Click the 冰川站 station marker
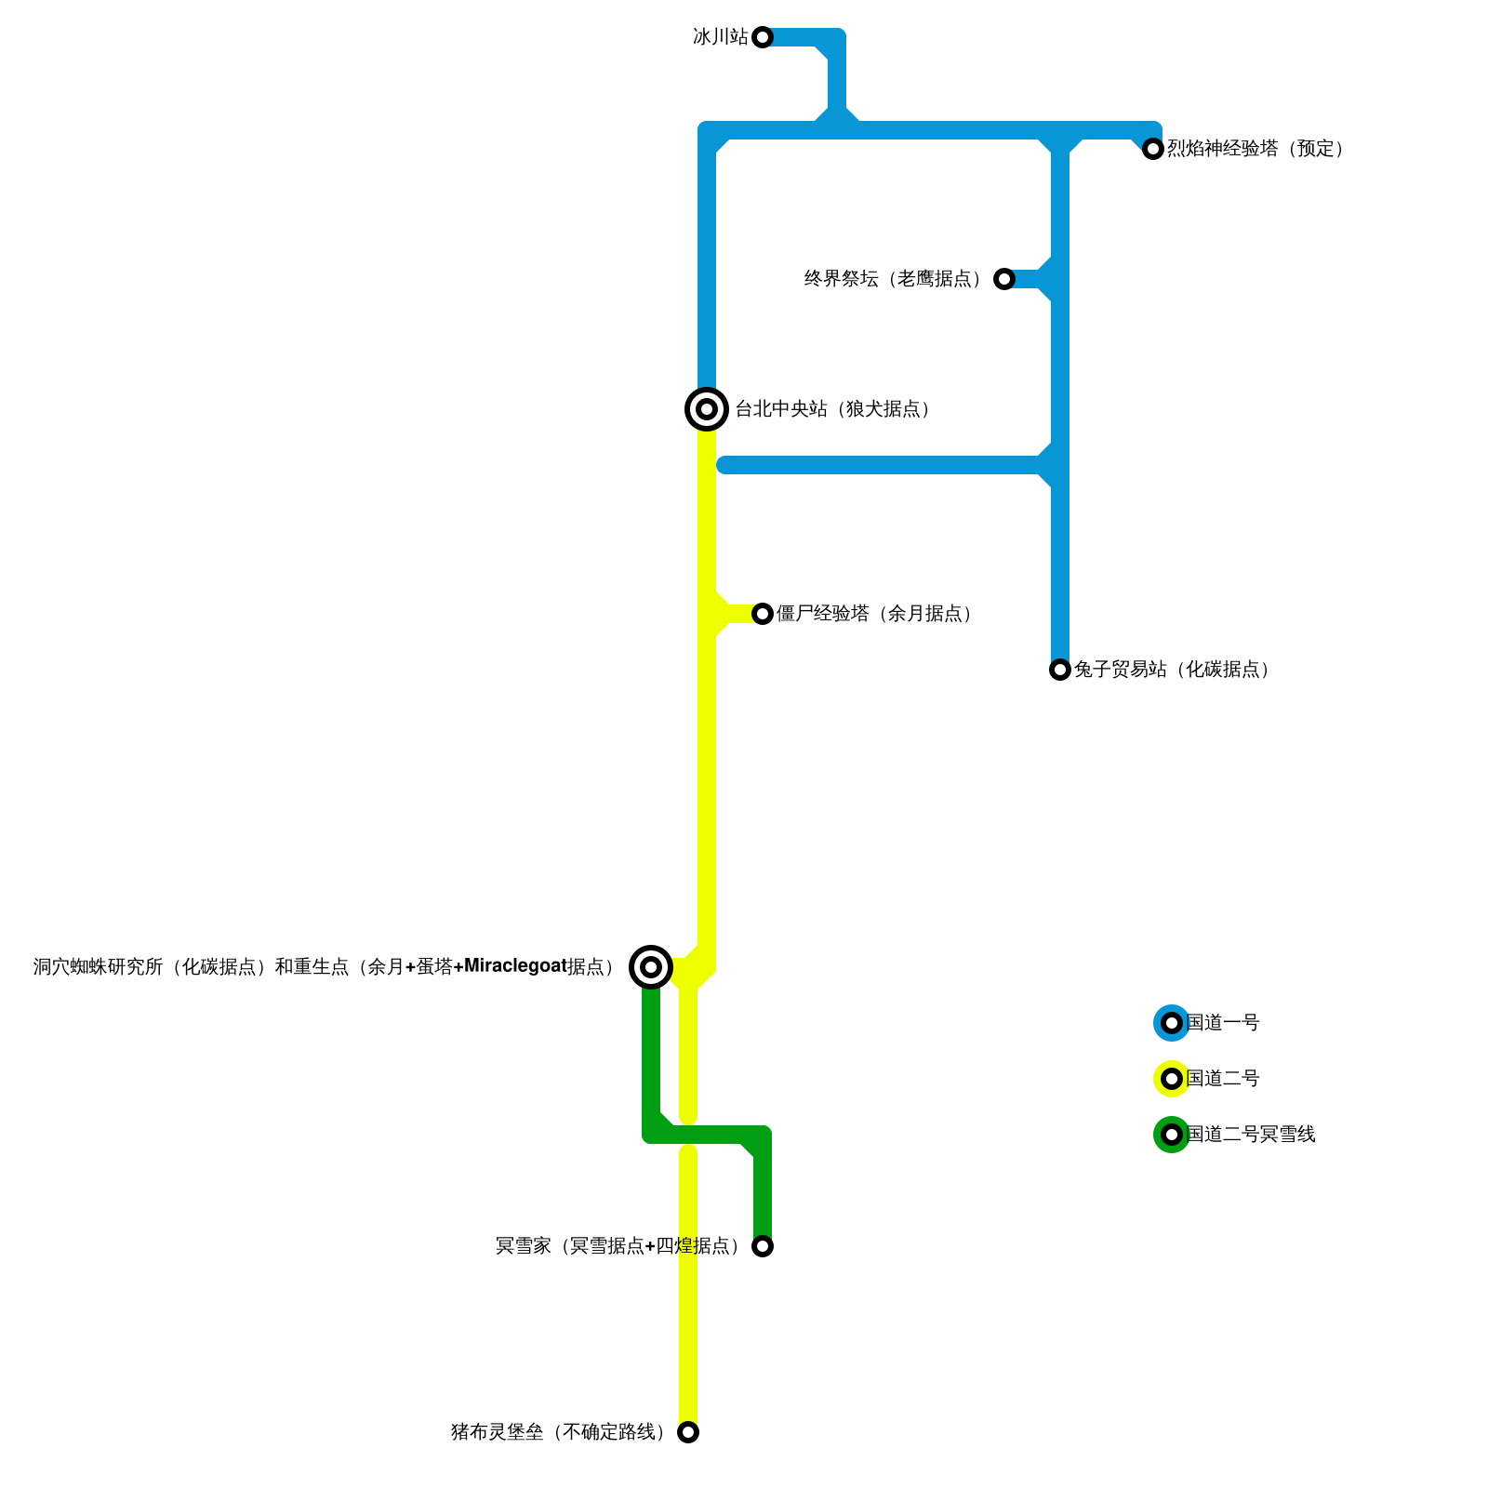pos(763,37)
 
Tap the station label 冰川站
pos(721,37)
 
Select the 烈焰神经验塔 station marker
pos(1153,149)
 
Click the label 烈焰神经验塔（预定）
pos(1255,149)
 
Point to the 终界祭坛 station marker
pos(1004,279)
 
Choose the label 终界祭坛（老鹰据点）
pos(894,279)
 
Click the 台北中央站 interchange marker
pos(707,409)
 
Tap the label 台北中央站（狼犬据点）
pos(833,409)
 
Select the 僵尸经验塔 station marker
pos(763,614)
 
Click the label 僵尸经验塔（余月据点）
pos(875,614)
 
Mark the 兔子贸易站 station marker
pos(1060,670)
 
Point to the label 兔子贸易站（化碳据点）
pos(1173,670)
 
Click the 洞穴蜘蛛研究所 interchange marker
pos(651,967)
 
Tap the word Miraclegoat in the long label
pos(514,967)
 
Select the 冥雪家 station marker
pos(763,1246)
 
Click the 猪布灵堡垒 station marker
pos(688,1432)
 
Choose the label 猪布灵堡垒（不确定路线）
pos(559,1432)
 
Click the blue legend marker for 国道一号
pos(1172,1023)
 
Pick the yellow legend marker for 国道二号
pos(1172,1079)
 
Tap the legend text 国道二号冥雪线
pos(1251,1135)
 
